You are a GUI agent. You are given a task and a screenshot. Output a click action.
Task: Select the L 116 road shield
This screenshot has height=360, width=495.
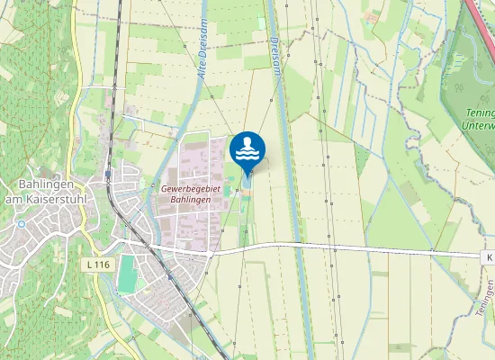(x=99, y=265)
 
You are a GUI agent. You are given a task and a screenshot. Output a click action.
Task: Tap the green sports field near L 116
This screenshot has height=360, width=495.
(x=128, y=273)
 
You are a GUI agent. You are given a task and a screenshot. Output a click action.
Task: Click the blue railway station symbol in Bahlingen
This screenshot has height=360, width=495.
(x=108, y=174)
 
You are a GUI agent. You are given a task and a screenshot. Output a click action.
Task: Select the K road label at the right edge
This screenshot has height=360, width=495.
(x=490, y=256)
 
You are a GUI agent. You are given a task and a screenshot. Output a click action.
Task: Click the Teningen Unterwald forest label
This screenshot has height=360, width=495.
(x=479, y=120)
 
